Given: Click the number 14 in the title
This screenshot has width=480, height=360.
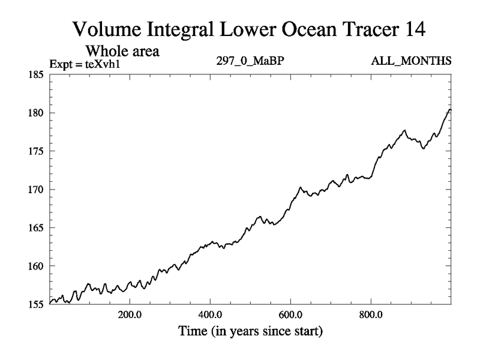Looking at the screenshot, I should point(413,29).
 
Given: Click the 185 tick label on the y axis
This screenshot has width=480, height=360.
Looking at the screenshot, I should point(34,74).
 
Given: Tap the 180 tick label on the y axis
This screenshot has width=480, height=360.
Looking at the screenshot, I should point(34,113).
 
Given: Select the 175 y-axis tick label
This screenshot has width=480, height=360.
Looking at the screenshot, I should point(34,151).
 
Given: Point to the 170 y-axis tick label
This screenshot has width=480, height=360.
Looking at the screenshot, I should point(34,190).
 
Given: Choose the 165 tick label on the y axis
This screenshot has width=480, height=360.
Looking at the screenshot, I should point(34,227).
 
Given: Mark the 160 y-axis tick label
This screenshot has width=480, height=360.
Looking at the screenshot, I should point(34,266).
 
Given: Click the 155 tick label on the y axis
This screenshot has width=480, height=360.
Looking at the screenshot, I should point(34,304).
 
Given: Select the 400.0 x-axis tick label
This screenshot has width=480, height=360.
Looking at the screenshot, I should point(210,314).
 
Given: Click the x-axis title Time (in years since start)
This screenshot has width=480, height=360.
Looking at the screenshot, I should point(250,331).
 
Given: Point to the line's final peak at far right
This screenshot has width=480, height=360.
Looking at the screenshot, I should point(450,109).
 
